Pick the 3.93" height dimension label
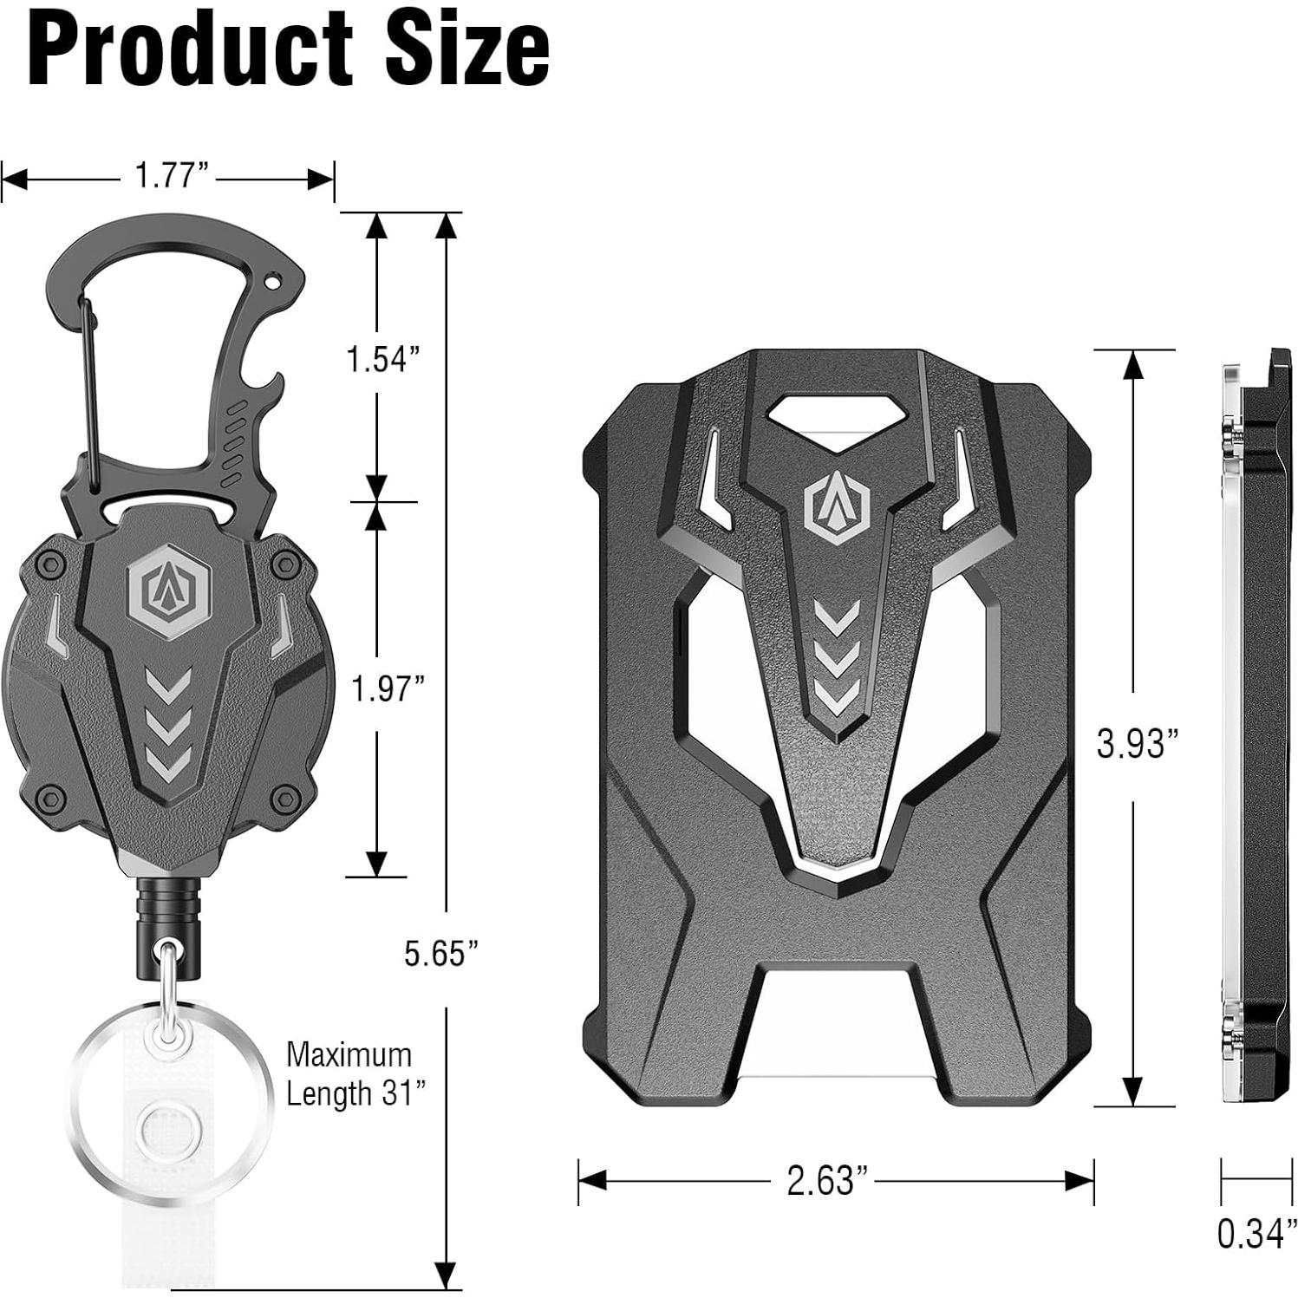(1138, 743)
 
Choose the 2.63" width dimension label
(827, 1179)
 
